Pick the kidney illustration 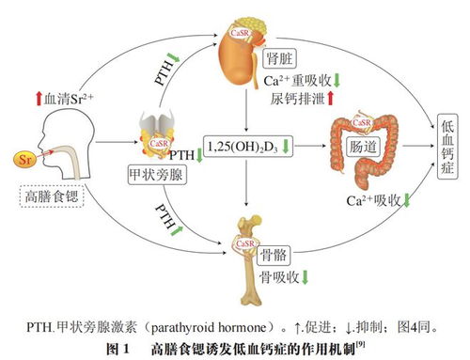pyautogui.click(x=243, y=54)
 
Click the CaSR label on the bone pyautogui.click(x=244, y=242)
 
